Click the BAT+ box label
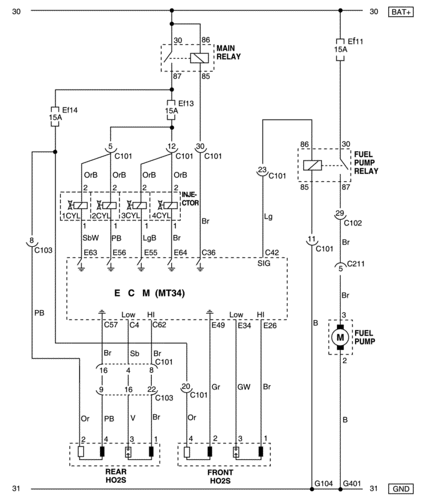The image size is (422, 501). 401,12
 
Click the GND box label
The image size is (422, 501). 401,489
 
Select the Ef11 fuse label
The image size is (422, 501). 355,41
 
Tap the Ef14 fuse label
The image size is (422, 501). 69,110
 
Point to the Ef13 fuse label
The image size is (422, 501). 186,103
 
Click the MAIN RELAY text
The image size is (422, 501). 228,53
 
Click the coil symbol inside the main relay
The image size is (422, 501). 200,58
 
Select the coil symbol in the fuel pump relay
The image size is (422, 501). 312,165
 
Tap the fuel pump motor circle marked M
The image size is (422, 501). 340,337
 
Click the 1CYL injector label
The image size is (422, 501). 71,215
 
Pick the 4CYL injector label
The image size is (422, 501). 161,215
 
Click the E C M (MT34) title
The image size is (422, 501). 150,293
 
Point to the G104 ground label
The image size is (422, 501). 324,483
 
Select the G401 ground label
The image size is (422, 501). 352,483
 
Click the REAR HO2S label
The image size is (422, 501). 116,476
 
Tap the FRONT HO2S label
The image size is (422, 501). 220,476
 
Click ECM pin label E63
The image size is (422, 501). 90,253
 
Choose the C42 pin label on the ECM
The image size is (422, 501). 272,253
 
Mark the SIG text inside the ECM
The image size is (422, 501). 263,263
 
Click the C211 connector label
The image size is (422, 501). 356,264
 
